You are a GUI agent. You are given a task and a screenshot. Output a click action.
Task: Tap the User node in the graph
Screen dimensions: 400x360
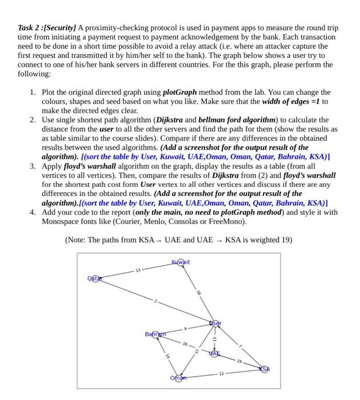click(x=215, y=323)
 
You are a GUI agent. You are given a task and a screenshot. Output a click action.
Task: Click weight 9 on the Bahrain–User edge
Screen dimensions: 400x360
click(x=185, y=329)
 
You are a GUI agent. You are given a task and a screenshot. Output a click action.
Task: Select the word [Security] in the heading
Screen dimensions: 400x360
click(x=63, y=28)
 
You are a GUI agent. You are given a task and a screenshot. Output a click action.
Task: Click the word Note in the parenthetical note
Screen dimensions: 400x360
click(x=78, y=239)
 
